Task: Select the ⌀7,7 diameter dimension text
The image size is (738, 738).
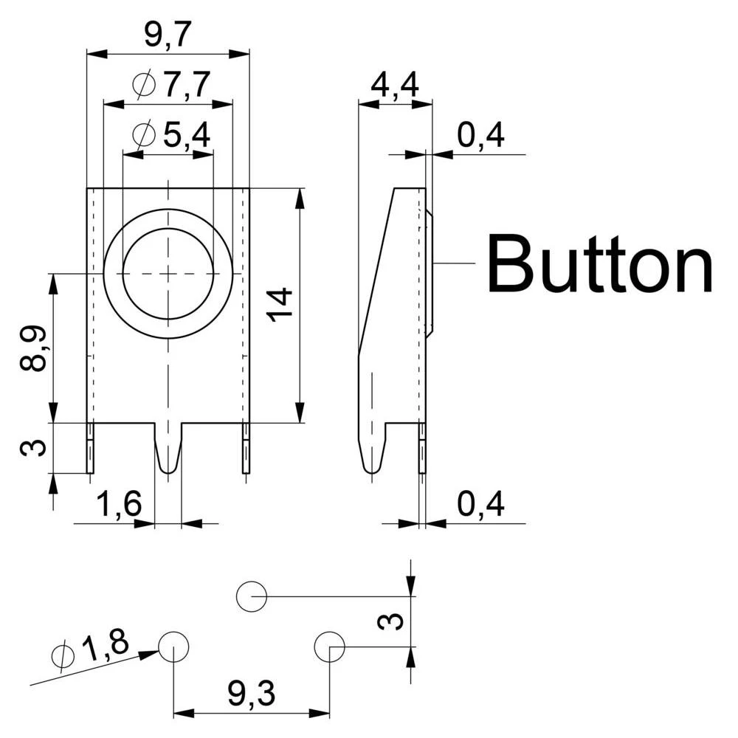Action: coord(172,85)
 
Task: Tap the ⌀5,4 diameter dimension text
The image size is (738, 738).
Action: coord(171,135)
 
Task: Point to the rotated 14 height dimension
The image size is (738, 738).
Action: coord(280,305)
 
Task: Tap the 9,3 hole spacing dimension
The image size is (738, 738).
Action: coord(251,694)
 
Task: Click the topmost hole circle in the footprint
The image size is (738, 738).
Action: coord(252,596)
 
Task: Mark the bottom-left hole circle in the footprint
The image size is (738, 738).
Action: coord(173,646)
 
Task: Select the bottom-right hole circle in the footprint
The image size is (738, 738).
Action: coord(329,646)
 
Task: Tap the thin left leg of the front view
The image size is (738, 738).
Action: coord(90,449)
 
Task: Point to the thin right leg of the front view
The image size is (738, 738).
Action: coord(246,449)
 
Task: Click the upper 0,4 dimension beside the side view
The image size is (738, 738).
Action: coord(480,136)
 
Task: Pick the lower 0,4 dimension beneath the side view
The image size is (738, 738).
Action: coord(480,505)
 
